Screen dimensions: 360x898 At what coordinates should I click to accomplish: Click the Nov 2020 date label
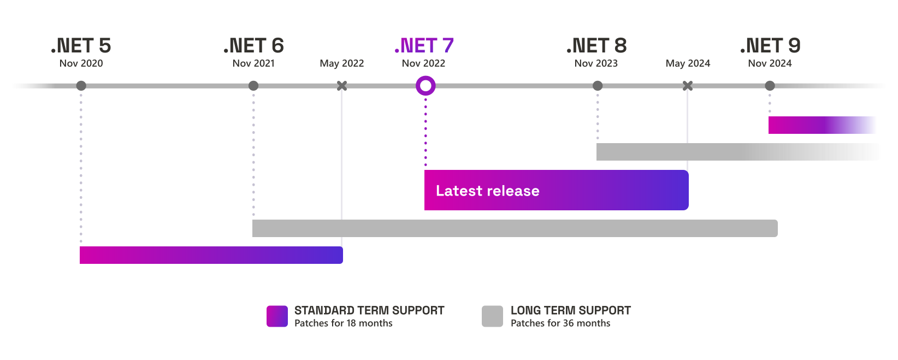click(x=81, y=63)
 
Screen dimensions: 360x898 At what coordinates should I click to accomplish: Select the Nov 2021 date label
click(x=253, y=63)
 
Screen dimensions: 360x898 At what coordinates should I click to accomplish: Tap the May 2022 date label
click(x=342, y=63)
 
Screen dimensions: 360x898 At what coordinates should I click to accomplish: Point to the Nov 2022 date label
click(x=423, y=63)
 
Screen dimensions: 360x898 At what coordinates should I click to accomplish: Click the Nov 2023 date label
click(x=596, y=63)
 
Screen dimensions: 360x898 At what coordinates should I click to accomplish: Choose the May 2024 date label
click(x=688, y=63)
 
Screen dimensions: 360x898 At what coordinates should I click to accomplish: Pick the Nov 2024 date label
click(x=770, y=63)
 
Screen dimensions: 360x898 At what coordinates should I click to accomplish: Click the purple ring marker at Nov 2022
click(x=426, y=85)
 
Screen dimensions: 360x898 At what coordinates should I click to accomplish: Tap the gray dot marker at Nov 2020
click(x=81, y=86)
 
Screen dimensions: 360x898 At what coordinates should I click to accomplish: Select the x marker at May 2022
click(x=342, y=85)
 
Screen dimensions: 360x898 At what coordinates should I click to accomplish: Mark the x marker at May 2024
click(x=688, y=85)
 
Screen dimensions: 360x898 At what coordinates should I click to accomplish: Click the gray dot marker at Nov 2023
click(x=598, y=86)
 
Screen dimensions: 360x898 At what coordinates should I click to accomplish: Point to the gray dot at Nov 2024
click(x=770, y=86)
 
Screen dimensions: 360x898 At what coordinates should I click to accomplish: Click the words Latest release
click(x=487, y=191)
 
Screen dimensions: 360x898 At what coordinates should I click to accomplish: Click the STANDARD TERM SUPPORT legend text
click(x=369, y=310)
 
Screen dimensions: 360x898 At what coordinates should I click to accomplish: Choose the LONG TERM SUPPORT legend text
click(x=571, y=310)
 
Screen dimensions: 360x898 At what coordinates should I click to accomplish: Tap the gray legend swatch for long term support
click(x=492, y=316)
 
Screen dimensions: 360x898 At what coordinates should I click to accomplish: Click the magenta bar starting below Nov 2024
click(x=822, y=125)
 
